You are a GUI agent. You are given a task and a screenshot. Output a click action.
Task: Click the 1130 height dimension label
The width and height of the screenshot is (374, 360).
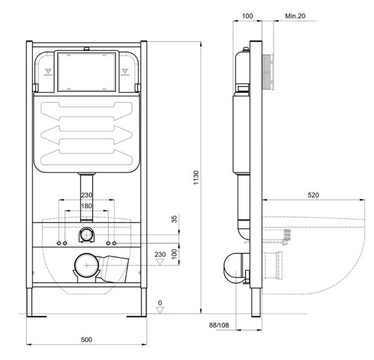pos(196,177)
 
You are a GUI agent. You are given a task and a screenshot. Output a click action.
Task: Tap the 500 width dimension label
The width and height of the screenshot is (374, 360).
pos(87,339)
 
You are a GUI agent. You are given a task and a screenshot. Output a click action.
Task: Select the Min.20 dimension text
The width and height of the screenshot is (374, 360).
pos(295,16)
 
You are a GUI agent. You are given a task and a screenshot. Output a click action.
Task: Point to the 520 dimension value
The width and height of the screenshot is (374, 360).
pos(313,195)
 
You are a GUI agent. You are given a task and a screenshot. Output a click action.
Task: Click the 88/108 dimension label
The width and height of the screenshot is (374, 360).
pos(219,325)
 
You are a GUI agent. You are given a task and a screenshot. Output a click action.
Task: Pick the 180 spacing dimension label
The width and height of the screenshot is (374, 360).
pos(87,206)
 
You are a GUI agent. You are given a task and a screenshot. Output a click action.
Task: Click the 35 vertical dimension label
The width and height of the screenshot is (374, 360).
pos(175,219)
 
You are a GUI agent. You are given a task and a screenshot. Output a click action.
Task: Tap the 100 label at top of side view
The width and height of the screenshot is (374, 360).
pos(247,16)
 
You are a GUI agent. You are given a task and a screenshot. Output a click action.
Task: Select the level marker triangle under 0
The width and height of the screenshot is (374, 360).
pos(160,310)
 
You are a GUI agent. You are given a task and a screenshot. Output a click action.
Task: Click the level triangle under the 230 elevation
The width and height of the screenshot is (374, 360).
pos(160,262)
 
